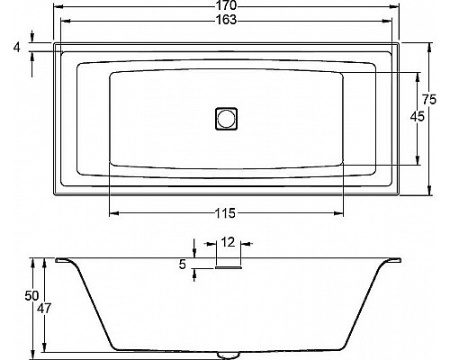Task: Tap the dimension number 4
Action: tap(17, 45)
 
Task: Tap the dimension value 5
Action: tap(183, 264)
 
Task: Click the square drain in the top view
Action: tap(225, 118)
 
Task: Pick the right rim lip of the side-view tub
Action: tap(392, 261)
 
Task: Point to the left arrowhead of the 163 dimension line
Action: tap(64, 21)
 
